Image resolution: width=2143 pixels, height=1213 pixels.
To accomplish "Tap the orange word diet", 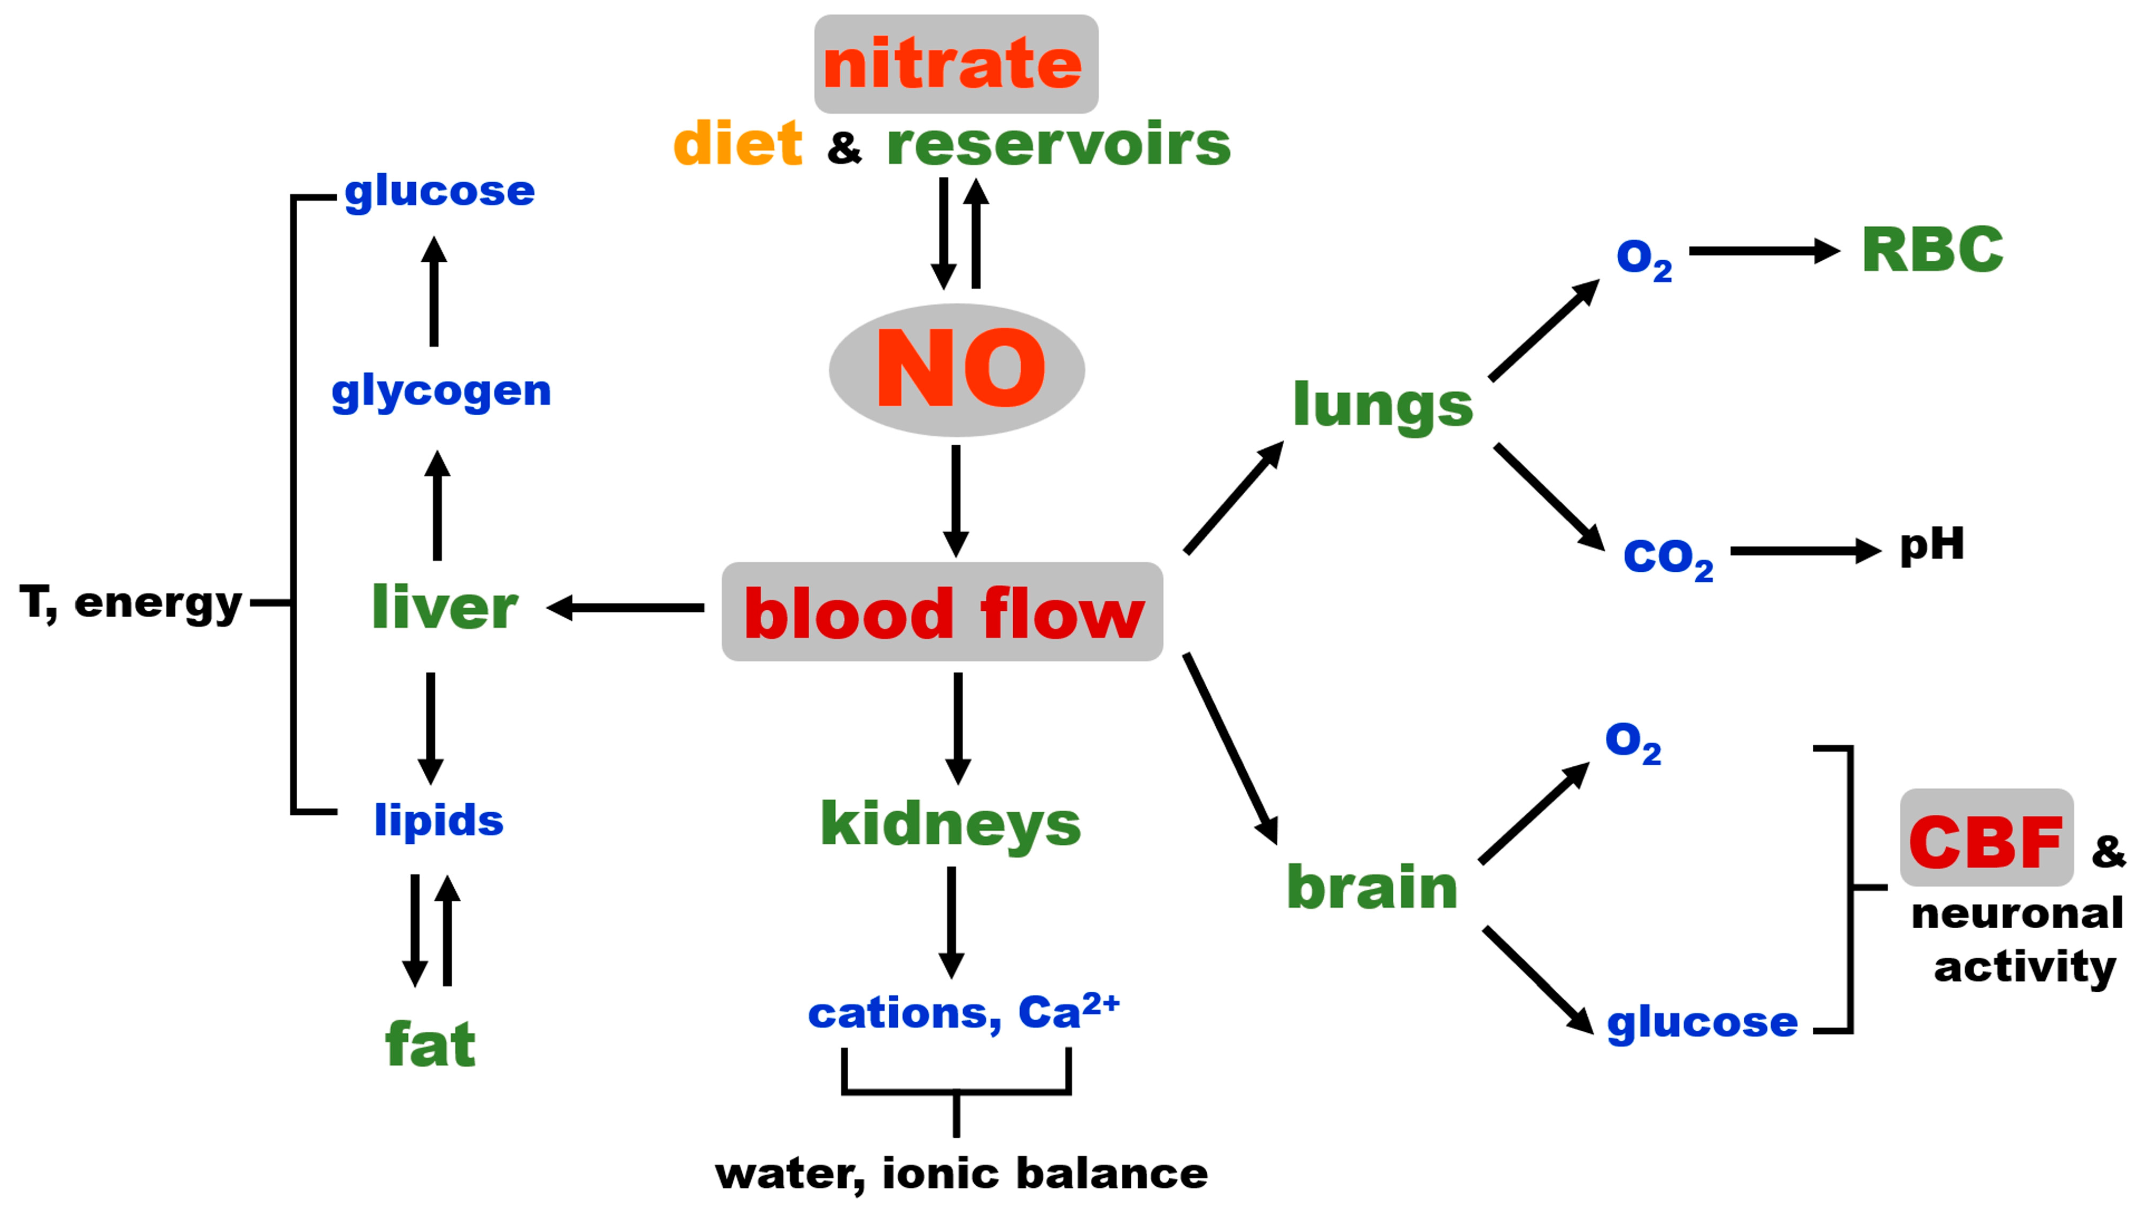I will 737,144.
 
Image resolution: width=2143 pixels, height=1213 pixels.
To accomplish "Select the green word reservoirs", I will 1058,144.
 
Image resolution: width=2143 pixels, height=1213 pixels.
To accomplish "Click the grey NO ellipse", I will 957,369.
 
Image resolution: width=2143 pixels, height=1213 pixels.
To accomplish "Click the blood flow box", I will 942,612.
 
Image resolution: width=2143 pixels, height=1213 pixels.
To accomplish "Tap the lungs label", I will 1383,406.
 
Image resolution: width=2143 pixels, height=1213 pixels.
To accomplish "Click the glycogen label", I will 441,392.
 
